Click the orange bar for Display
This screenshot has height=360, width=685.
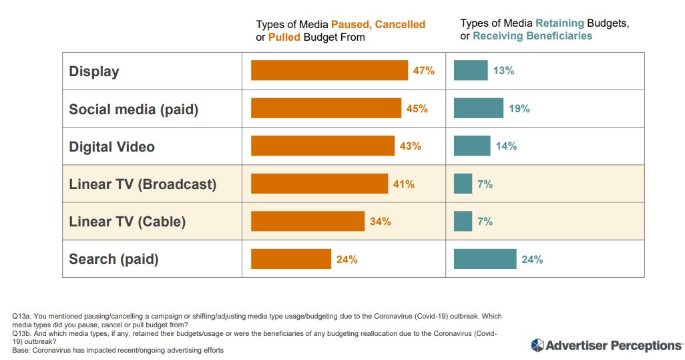329,70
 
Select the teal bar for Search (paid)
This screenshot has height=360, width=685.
485,259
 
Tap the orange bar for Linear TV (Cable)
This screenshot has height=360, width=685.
307,221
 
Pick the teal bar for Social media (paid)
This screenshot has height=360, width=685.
478,108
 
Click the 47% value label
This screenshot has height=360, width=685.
423,70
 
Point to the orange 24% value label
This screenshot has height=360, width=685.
347,259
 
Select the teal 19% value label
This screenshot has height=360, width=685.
519,108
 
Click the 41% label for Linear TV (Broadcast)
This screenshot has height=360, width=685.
403,184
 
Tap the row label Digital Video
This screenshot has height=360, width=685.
111,146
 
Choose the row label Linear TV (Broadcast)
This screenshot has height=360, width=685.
142,184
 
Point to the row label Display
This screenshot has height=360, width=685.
94,71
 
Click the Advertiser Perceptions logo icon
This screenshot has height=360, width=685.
537,345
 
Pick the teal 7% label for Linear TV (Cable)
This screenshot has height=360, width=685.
485,221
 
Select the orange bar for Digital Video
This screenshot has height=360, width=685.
322,146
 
